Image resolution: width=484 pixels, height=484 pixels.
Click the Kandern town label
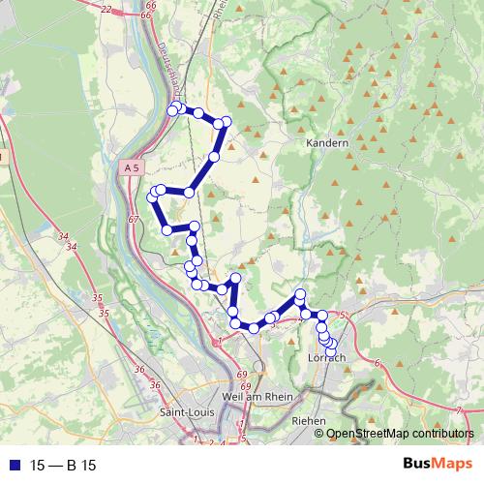[x=326, y=142]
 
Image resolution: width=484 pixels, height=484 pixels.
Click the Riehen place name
[x=309, y=422]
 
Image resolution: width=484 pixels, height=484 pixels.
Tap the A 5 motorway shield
[x=133, y=167]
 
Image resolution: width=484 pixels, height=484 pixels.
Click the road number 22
[x=106, y=9]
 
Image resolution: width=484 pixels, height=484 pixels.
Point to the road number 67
[x=134, y=220]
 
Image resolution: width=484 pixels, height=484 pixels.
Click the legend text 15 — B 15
[x=63, y=465]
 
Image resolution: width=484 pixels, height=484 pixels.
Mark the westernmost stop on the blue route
[x=151, y=197]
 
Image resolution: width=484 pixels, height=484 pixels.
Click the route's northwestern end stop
[x=173, y=109]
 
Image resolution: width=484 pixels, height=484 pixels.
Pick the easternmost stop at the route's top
[x=227, y=121]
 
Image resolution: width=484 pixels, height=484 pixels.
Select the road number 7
[x=457, y=410]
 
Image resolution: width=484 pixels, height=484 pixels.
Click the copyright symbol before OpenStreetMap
[x=318, y=433]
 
